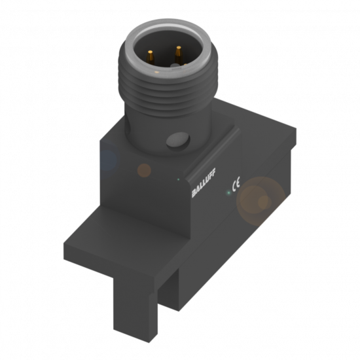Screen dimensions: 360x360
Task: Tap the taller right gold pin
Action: coord(177,53)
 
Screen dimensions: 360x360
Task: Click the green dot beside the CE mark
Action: coord(228,192)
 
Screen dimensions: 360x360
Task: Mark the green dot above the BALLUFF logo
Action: coord(179,177)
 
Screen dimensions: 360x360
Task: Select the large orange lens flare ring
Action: coord(261,202)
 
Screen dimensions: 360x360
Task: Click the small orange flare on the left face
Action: coord(144,170)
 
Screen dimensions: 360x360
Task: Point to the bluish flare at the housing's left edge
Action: coord(106,158)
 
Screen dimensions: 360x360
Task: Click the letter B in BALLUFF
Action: coord(194,194)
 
